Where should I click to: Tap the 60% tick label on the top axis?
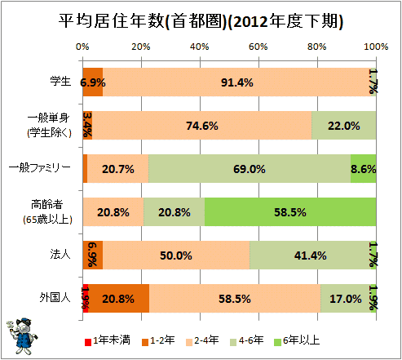pyautogui.click(x=258, y=47)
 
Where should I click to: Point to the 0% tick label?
pyautogui.click(x=82, y=47)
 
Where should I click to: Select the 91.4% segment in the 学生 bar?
pyautogui.click(x=236, y=82)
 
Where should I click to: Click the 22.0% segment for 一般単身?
pyautogui.click(x=344, y=126)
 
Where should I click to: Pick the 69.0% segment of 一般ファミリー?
pyautogui.click(x=250, y=169)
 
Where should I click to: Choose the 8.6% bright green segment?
pyautogui.click(x=364, y=169)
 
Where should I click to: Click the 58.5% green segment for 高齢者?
pyautogui.click(x=290, y=212)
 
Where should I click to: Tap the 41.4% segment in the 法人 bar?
pyautogui.click(x=311, y=256)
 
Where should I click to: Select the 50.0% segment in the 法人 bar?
pyautogui.click(x=176, y=256)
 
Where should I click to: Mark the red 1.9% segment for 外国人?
pyautogui.click(x=86, y=299)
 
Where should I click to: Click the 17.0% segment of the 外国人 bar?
pyautogui.click(x=346, y=299)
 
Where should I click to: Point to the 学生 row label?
pyautogui.click(x=60, y=81)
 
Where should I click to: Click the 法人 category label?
pyautogui.click(x=60, y=254)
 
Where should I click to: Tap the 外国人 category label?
pyautogui.click(x=55, y=297)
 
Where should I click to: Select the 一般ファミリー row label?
pyautogui.click(x=40, y=167)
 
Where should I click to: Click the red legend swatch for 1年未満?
pyautogui.click(x=88, y=342)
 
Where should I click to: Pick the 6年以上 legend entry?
pyautogui.click(x=297, y=340)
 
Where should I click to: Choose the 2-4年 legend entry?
pyautogui.click(x=202, y=340)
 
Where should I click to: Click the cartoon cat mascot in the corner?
pyautogui.click(x=22, y=336)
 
